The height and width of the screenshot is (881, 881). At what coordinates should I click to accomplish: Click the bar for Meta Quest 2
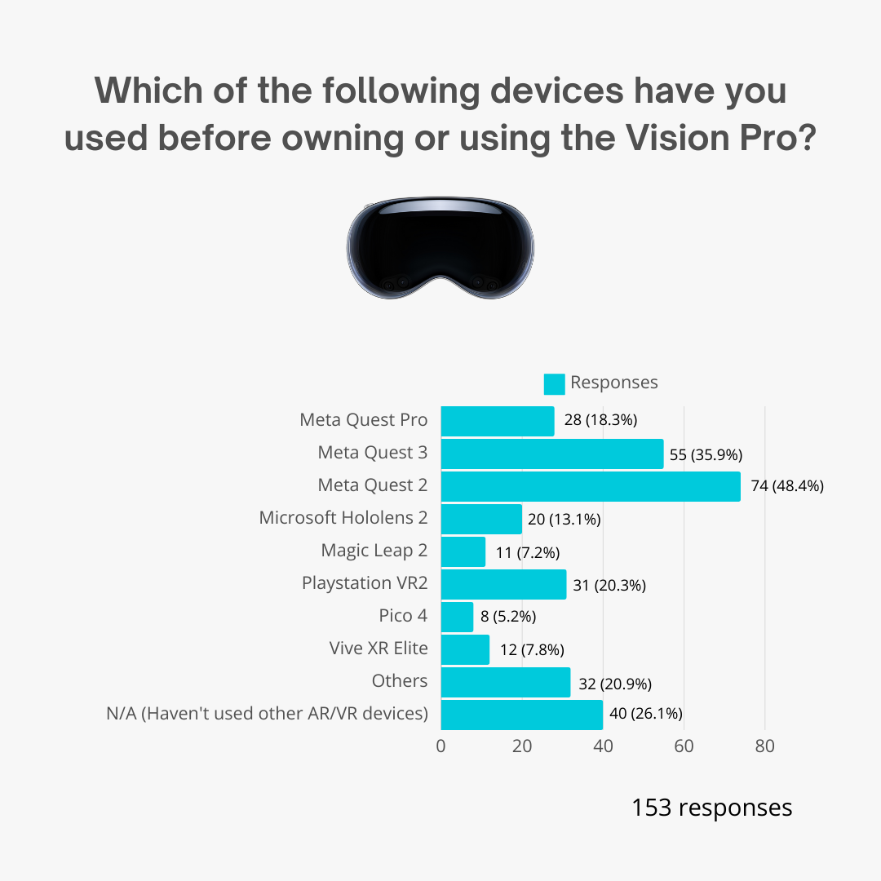pos(591,486)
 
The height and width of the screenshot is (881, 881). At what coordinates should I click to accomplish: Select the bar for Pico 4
pos(457,617)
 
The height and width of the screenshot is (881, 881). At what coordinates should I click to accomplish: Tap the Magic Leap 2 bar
pos(463,551)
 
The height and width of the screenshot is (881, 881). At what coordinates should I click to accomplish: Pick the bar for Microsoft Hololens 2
pos(481,519)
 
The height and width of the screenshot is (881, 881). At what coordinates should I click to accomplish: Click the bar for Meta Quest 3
pos(552,454)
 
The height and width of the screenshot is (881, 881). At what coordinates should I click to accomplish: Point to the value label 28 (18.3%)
pos(600,421)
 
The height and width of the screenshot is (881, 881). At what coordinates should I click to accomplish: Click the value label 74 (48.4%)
pos(787,486)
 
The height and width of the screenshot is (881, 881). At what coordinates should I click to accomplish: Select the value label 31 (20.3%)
pos(609,585)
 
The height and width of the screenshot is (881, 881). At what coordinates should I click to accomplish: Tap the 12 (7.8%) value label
pos(532,650)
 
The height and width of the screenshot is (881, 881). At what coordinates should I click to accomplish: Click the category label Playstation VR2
pos(365,583)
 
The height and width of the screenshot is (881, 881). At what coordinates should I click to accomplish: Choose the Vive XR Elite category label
pos(378,649)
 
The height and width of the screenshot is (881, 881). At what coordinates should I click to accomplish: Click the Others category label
pos(399,681)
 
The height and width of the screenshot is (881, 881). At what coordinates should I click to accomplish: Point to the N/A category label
pos(267,714)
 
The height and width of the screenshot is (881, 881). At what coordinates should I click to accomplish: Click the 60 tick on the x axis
pos(684,746)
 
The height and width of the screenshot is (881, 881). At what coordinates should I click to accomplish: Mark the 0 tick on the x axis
pos(441,746)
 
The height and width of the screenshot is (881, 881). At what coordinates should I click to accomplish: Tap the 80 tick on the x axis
pos(764,746)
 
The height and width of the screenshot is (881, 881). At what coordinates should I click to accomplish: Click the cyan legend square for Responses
pos(555,383)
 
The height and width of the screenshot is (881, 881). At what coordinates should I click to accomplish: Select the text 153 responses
pos(711,808)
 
